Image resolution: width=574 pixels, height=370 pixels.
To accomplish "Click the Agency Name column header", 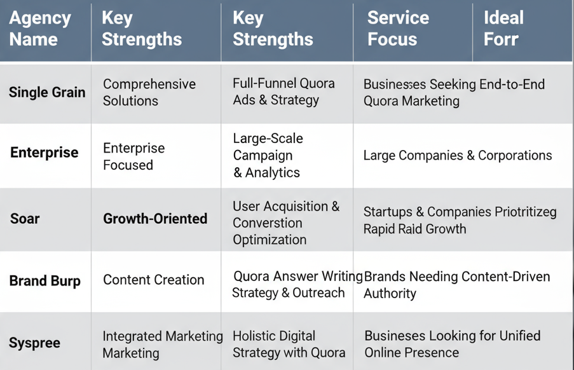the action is [x=40, y=29].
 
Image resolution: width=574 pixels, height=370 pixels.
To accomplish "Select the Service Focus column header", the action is [x=399, y=29].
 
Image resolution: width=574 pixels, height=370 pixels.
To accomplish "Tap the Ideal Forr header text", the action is [x=503, y=29].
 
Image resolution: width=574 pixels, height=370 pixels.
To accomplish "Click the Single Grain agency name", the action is [x=47, y=92].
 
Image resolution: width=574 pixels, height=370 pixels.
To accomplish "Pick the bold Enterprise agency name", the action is [x=44, y=152].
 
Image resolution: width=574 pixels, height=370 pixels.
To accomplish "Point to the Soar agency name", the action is [x=25, y=219].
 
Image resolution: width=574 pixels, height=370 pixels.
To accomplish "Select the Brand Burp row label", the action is [x=44, y=281].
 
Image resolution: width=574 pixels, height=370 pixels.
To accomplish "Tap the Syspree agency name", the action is [x=34, y=343].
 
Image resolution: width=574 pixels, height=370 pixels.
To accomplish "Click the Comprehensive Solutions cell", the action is [x=149, y=92].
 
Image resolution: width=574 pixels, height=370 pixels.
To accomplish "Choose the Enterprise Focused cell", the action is [x=134, y=156].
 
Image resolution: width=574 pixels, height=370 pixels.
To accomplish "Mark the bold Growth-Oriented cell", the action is [x=155, y=219].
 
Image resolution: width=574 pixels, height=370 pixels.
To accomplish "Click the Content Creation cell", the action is [x=153, y=280].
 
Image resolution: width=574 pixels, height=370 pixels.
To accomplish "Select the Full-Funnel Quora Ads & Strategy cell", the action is [x=284, y=92].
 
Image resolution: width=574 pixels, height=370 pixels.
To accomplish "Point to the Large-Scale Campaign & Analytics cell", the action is [x=268, y=155].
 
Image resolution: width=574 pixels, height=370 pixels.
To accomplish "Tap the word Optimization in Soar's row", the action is [x=270, y=240].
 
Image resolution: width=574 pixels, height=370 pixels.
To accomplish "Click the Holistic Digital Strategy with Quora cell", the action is [x=289, y=344].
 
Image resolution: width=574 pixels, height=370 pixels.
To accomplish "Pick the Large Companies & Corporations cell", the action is [x=458, y=155].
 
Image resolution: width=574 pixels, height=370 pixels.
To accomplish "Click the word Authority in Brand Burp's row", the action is [x=390, y=293].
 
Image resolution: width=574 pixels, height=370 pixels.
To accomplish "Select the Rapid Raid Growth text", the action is [x=414, y=229].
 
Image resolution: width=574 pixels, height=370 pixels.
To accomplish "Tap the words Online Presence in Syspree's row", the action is [x=411, y=352].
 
